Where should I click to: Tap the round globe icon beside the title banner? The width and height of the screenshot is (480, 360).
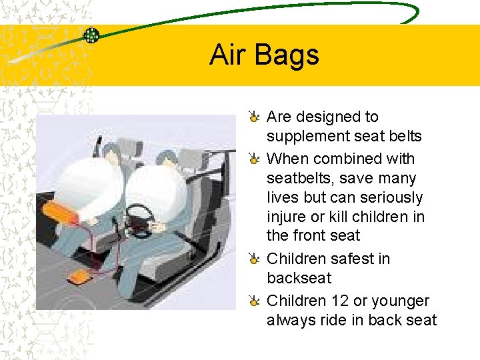pos(91,35)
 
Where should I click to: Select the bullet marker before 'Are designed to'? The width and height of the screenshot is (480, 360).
pos(255,118)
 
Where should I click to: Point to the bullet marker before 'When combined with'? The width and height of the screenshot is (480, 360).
pos(255,160)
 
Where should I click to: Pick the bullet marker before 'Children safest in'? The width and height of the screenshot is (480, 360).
pos(255,260)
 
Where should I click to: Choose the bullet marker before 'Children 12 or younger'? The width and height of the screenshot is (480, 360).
pos(255,302)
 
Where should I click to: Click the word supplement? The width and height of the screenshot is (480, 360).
pos(307,137)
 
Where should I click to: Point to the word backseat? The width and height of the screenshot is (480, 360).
pos(299,278)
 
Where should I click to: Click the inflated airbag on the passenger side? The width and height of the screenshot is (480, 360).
pos(97,186)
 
